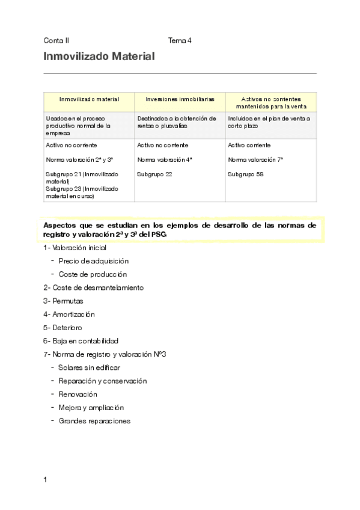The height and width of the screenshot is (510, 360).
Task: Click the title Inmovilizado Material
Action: [99, 57]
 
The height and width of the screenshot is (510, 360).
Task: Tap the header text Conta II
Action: [56, 41]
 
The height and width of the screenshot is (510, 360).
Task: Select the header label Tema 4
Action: [180, 41]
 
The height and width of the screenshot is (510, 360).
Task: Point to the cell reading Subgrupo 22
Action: [154, 174]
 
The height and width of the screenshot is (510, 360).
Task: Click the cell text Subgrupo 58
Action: [246, 174]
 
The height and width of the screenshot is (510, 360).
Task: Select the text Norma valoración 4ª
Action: [165, 160]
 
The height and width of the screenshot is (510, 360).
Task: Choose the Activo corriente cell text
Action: [249, 146]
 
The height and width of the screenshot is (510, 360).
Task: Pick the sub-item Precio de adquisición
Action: [94, 261]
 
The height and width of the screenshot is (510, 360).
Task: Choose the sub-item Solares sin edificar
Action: [90, 367]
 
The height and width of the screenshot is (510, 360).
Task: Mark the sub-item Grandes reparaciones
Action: [94, 421]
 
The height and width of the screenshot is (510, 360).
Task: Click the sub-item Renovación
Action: [78, 395]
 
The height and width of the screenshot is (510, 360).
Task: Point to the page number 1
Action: [46, 479]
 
